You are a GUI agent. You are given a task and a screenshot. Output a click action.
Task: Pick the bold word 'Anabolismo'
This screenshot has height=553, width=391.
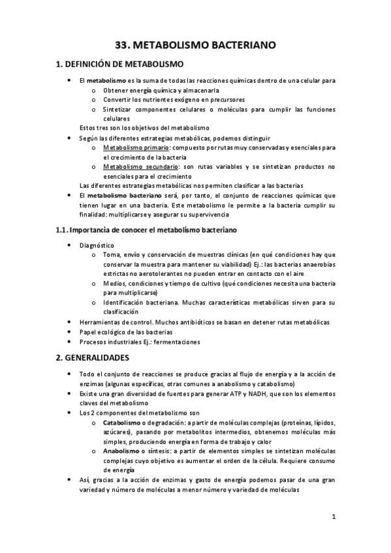click(x=123, y=451)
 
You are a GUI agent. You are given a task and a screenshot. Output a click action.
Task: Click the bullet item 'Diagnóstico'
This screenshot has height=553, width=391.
click(x=96, y=245)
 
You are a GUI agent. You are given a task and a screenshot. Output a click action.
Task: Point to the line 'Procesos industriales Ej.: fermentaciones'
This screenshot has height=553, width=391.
click(x=140, y=341)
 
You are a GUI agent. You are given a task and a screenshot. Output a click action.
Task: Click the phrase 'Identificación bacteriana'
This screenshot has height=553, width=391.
click(x=140, y=303)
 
